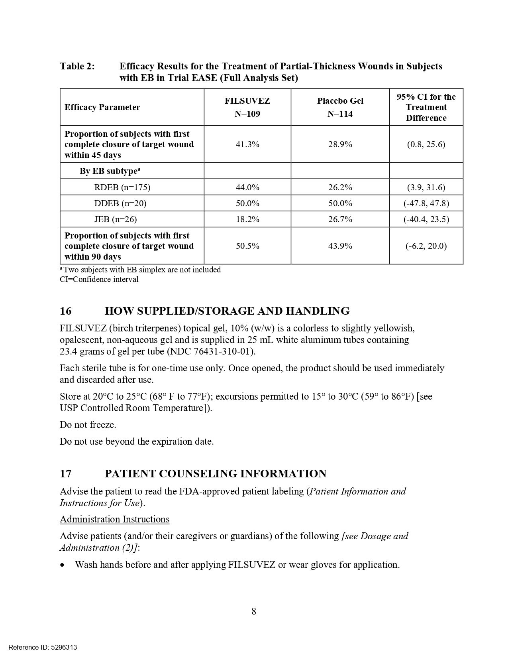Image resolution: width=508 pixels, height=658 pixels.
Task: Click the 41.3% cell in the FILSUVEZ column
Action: point(247,144)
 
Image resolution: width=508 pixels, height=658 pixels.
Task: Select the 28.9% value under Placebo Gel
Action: point(340,144)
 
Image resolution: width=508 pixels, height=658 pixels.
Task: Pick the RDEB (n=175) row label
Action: point(122,187)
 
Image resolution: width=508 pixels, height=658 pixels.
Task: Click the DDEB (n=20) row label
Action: point(120,203)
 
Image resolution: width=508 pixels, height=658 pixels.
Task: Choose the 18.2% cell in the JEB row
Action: point(247,219)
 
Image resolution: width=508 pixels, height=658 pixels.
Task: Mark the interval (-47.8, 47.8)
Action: point(426,203)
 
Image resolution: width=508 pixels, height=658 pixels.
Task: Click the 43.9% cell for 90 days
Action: point(340,246)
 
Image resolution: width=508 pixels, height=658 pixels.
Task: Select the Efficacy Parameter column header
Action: point(102,107)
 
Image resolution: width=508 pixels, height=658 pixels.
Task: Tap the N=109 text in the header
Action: point(247,114)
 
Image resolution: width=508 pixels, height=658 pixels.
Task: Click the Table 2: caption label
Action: point(78,66)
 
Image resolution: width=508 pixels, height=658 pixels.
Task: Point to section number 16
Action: point(65,311)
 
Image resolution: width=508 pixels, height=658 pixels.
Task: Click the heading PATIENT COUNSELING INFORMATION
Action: point(215,474)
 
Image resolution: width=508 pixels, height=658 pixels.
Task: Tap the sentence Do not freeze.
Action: point(88,425)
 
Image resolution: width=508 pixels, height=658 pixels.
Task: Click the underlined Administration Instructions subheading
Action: point(114,519)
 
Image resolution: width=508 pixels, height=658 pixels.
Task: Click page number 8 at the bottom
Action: point(254,611)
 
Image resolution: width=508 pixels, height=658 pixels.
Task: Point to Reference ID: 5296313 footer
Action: point(43,648)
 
